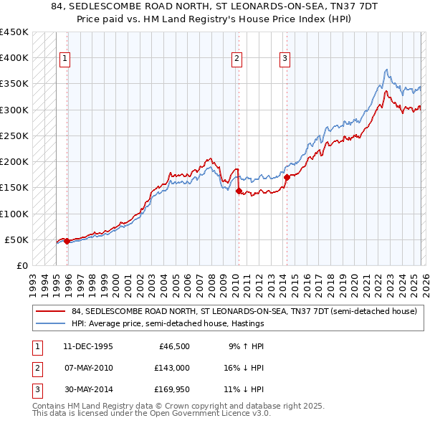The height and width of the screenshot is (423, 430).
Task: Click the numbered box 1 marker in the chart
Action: point(64,59)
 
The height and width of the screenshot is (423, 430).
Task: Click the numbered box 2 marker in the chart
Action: point(236,59)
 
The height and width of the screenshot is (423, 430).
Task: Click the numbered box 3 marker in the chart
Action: point(285,59)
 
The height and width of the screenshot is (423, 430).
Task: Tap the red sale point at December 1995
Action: point(67,242)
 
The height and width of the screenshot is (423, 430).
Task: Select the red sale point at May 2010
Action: point(239,191)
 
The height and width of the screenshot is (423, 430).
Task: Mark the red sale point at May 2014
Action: point(287,177)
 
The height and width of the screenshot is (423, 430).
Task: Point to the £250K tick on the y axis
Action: point(14,136)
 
